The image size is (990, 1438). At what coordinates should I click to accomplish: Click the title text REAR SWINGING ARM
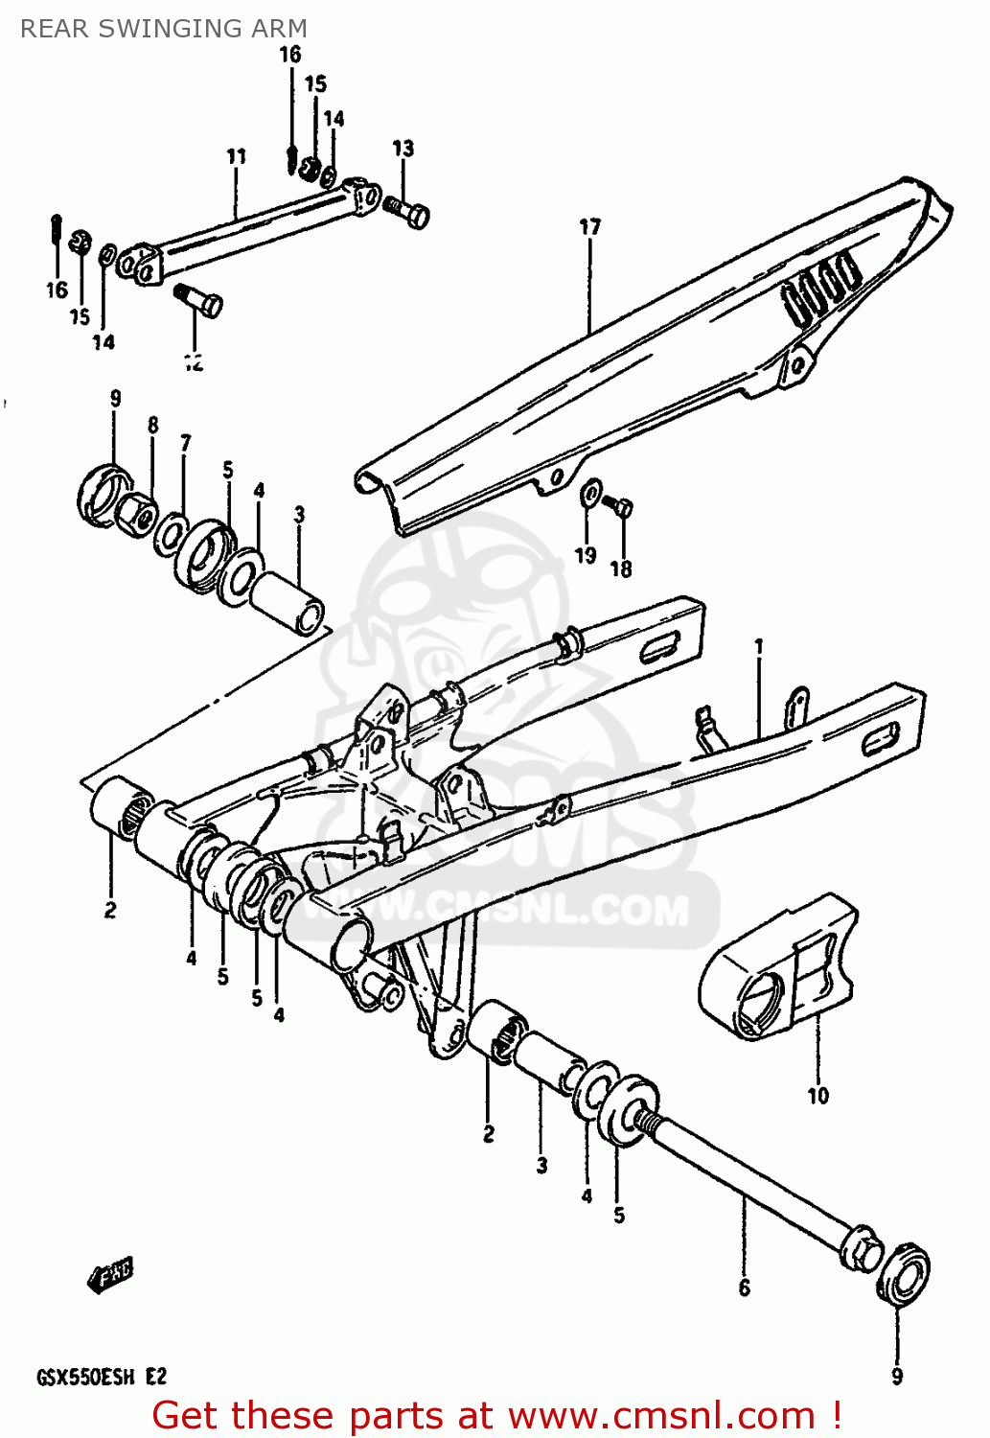pos(164,29)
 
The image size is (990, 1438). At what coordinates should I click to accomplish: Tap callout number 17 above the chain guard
pos(589,227)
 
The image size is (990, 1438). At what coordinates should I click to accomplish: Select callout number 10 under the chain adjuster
pos(817,1095)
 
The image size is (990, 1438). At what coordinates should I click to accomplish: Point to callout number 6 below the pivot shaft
pos(744,1287)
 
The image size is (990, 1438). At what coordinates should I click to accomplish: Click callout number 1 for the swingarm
pos(759,647)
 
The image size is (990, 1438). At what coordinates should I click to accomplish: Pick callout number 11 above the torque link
pos(236,156)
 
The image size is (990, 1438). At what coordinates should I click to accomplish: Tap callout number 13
pos(403,149)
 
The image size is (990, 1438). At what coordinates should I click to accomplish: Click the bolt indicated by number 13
pos(406,210)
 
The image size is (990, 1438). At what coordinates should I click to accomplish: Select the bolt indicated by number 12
pos(200,300)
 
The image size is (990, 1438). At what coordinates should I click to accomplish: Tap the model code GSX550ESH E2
pos(102,1378)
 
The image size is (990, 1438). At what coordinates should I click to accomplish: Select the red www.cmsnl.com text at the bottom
pos(660,1416)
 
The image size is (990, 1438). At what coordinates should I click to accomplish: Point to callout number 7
pos(185,442)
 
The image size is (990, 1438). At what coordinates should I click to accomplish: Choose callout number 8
pos(152,425)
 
